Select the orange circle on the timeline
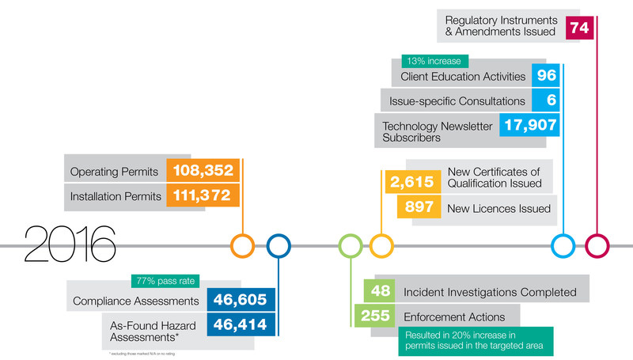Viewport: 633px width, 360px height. [242, 245]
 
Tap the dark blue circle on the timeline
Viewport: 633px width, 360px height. [279, 245]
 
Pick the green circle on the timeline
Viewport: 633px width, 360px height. [350, 245]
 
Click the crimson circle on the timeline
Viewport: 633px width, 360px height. [597, 245]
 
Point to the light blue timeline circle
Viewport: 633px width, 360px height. [563, 245]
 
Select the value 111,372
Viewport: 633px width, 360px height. [200, 195]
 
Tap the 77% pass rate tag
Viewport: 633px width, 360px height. [165, 280]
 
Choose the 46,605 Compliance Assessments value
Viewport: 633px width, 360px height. [241, 300]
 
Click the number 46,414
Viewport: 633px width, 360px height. [241, 324]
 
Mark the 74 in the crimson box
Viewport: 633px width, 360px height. [579, 28]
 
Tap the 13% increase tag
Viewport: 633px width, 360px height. [435, 61]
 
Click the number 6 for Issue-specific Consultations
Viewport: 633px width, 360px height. [547, 100]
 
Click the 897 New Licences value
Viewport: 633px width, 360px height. [417, 208]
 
